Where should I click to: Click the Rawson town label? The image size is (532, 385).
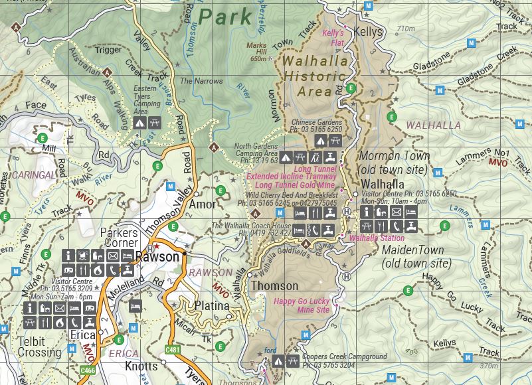(x=157, y=257)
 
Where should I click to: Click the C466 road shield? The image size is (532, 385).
(x=87, y=370)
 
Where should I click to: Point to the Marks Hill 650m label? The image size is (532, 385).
(x=256, y=52)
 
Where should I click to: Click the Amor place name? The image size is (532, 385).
(x=203, y=205)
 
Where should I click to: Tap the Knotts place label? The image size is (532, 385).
(x=141, y=366)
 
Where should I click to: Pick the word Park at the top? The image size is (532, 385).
(x=226, y=16)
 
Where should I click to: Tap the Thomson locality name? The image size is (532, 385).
(x=274, y=286)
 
